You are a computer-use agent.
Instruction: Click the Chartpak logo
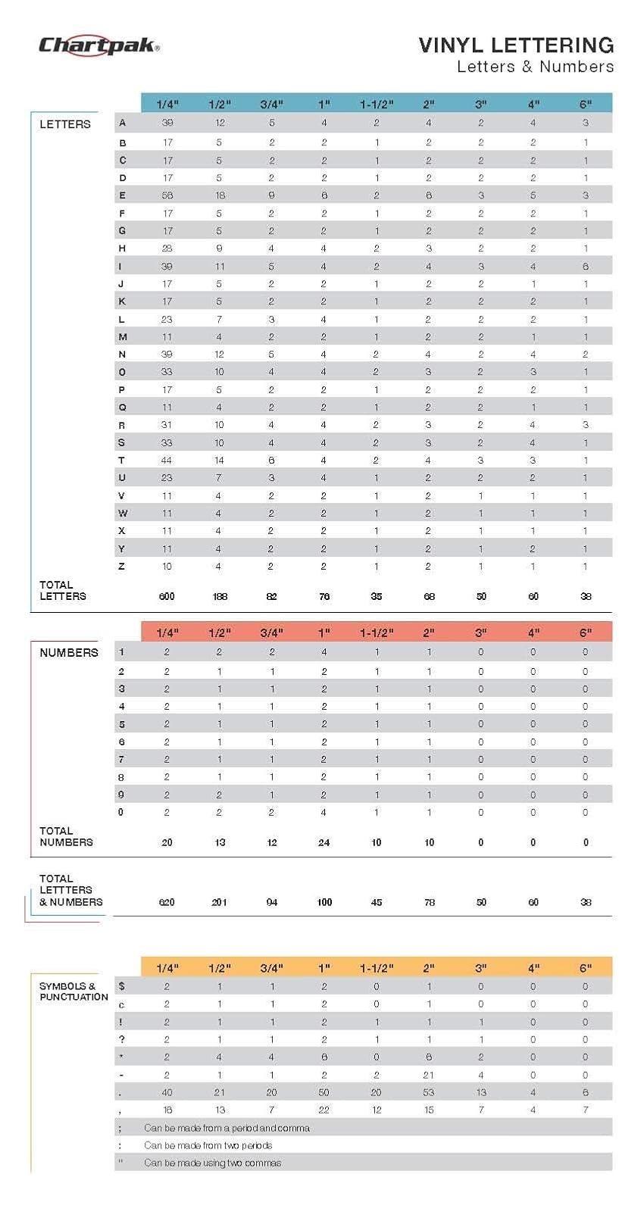99,45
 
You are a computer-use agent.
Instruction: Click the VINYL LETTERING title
516,45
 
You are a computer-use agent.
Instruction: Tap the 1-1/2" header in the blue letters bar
377,104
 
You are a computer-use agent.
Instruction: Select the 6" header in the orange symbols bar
586,968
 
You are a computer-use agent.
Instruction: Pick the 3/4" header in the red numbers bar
272,633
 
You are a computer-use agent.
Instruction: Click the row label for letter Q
122,408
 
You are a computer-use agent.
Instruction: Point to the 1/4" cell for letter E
167,195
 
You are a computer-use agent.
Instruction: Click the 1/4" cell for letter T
166,461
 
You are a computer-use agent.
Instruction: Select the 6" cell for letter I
586,266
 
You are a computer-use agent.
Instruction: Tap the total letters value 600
167,596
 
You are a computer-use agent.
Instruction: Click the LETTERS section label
65,124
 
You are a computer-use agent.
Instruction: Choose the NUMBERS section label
69,652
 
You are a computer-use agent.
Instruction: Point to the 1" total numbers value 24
324,842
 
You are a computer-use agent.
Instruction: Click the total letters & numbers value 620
167,902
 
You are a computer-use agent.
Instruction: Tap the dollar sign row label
122,986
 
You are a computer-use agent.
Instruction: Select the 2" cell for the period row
429,1092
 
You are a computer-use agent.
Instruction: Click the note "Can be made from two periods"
208,1145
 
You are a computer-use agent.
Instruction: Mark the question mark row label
122,1039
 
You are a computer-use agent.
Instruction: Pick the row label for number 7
121,760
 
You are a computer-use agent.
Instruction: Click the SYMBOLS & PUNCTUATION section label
73,992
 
